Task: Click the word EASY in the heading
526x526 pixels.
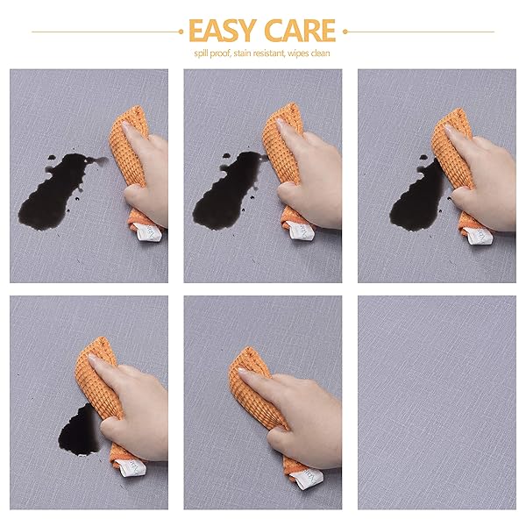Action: coord(223,31)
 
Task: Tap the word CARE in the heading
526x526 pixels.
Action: coord(300,31)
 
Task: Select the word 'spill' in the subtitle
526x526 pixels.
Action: coord(202,53)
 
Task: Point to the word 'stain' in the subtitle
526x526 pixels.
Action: coord(242,53)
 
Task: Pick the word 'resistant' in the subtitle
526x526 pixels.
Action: coord(268,53)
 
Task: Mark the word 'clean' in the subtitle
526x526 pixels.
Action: coord(320,53)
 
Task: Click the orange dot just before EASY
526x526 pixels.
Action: coord(181,32)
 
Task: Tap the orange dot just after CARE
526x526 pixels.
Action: coord(345,32)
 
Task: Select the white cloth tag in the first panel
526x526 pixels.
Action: coord(149,232)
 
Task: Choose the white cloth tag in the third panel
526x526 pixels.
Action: coord(479,236)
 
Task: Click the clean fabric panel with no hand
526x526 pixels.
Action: coord(437,402)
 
